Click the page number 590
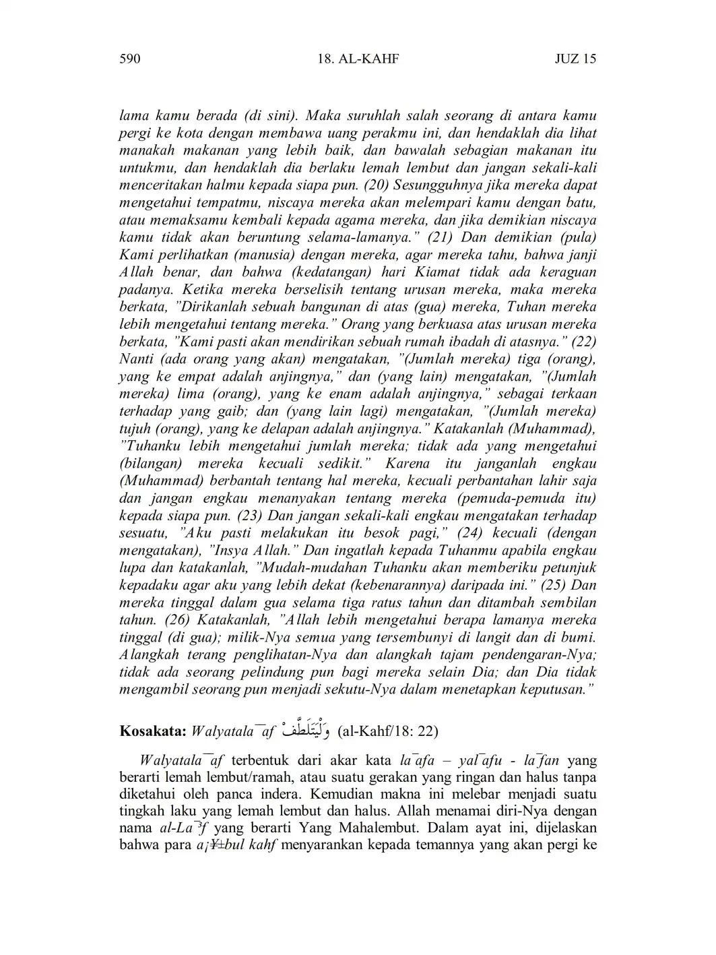pyautogui.click(x=129, y=59)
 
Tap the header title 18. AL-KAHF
pyautogui.click(x=358, y=59)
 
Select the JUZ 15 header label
pyautogui.click(x=575, y=59)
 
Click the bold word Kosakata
pyautogui.click(x=153, y=731)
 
